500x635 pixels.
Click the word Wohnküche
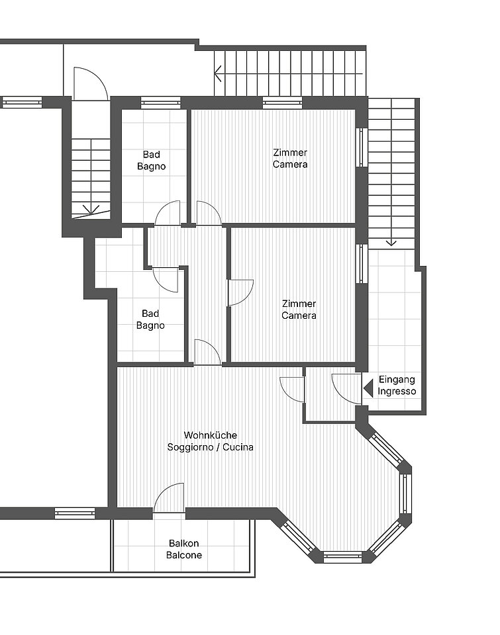tap(211, 435)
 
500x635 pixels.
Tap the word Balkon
tap(183, 543)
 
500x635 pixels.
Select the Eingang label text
tap(397, 380)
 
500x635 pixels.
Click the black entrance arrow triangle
tap(368, 388)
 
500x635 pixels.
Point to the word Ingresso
tap(397, 391)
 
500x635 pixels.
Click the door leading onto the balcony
tap(169, 498)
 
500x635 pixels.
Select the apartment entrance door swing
tap(347, 389)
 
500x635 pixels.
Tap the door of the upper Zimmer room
tap(209, 213)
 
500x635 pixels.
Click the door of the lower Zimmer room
tap(240, 292)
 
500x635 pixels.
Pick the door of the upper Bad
tap(168, 213)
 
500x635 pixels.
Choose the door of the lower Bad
tap(166, 279)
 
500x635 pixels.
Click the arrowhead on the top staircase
tap(218, 73)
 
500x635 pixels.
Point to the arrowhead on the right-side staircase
tap(391, 243)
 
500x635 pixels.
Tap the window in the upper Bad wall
tap(160, 103)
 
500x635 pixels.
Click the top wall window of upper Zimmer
tap(282, 103)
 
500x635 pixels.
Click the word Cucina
tap(238, 447)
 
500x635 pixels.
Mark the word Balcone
tap(183, 555)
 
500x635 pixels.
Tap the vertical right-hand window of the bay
tap(405, 493)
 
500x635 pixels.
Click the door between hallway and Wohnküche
tap(208, 353)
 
